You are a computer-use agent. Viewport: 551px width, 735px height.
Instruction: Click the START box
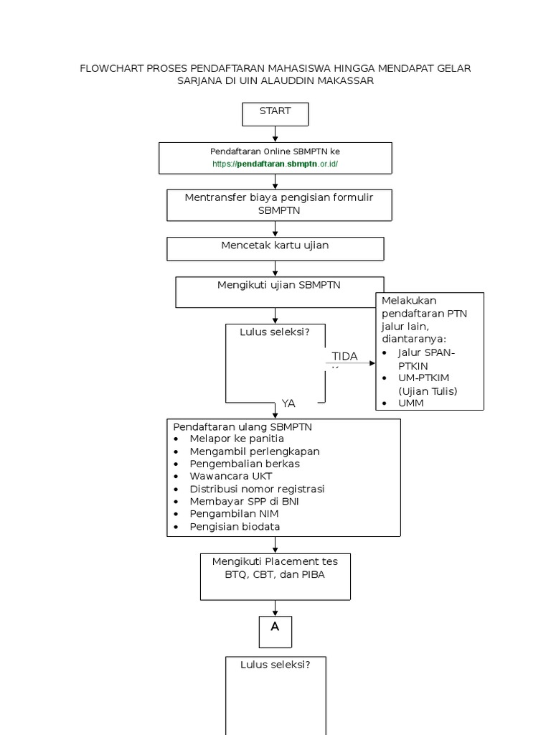click(x=275, y=113)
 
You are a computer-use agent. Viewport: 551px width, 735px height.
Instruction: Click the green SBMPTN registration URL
click(x=275, y=164)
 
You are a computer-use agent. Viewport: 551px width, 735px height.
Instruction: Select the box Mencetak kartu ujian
click(x=275, y=248)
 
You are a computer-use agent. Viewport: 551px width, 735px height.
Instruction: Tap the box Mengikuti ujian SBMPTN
click(x=279, y=291)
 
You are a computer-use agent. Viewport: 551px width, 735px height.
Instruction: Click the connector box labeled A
click(x=275, y=631)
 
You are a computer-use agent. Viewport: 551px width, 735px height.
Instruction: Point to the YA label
click(x=288, y=403)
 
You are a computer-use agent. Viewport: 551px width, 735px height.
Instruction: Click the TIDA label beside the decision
click(x=344, y=357)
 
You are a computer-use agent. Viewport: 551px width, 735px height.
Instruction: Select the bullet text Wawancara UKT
click(x=230, y=476)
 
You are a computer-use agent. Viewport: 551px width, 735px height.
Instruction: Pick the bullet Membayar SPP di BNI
click(x=244, y=501)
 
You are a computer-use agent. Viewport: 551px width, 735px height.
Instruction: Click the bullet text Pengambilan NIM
click(x=234, y=514)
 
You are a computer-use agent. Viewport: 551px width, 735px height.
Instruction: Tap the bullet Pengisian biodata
click(x=235, y=527)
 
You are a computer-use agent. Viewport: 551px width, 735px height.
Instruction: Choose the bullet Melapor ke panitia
click(x=237, y=439)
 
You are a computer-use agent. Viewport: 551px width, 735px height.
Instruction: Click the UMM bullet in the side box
click(x=411, y=403)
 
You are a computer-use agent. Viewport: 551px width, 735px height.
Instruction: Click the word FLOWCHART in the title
click(x=112, y=68)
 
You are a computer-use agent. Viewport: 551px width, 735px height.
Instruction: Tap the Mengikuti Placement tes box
click(x=275, y=576)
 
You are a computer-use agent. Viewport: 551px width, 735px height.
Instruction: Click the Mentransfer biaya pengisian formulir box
click(x=279, y=205)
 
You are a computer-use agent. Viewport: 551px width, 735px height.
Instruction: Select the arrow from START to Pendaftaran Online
click(x=275, y=134)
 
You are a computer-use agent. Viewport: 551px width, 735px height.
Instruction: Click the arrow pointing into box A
click(x=275, y=609)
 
